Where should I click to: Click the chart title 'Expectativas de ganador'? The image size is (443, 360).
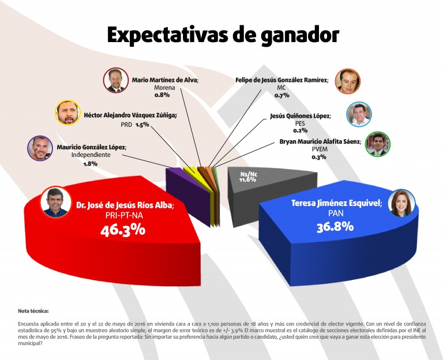[223, 35]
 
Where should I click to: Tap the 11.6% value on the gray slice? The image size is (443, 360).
[247, 179]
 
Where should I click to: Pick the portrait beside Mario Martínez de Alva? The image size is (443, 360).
[116, 81]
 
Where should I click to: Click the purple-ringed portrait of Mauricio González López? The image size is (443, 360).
[40, 148]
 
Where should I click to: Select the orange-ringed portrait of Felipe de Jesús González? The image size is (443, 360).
[348, 81]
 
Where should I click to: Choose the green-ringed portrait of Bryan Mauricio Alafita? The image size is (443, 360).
[378, 144]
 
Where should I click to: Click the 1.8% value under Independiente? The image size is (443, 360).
[90, 163]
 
